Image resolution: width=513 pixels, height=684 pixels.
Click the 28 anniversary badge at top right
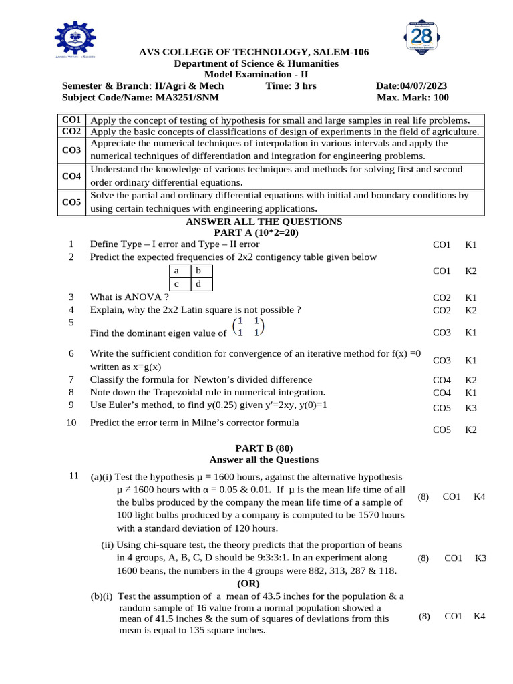[x=421, y=38]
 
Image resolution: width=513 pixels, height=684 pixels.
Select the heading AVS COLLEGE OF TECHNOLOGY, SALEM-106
[x=253, y=53]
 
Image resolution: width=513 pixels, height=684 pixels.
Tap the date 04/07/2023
[x=423, y=86]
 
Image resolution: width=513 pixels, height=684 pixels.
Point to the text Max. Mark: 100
[x=412, y=98]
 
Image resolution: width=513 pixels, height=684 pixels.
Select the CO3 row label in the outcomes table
[x=71, y=150]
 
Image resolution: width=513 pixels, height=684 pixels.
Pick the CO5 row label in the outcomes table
[x=71, y=202]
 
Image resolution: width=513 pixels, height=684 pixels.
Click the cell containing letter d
[x=198, y=284]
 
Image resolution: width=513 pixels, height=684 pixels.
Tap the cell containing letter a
[x=176, y=271]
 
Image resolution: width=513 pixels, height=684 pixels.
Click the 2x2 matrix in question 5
[x=247, y=327]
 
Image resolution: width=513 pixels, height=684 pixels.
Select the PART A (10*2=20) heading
[x=256, y=233]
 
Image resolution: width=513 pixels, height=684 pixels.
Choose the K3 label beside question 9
[x=471, y=407]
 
